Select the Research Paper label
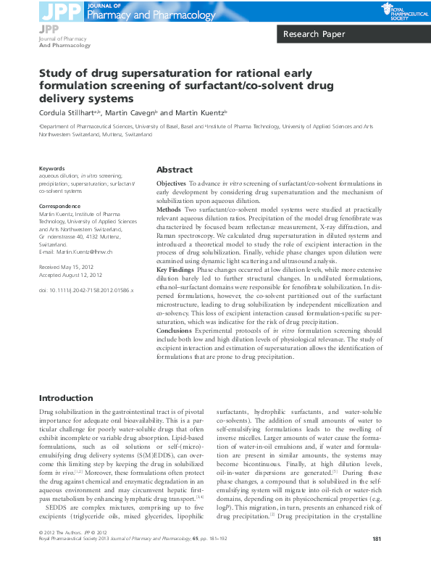pos(314,34)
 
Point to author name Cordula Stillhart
pos(69,112)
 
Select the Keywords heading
pos(52,169)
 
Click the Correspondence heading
pos(60,207)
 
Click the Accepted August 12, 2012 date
pos(70,274)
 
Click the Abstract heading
pos(175,169)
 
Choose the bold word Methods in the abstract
pos(170,209)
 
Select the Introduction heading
pos(66,398)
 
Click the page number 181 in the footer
pos(377,560)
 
